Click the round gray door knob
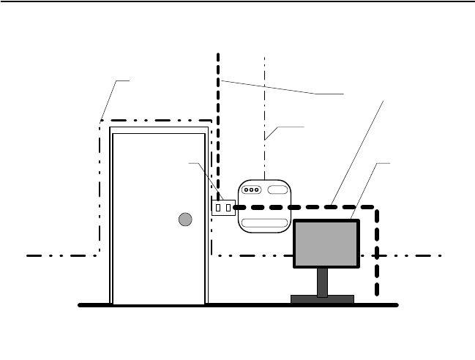pyautogui.click(x=186, y=218)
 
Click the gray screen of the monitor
pyautogui.click(x=326, y=244)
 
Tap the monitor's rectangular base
pyautogui.click(x=322, y=299)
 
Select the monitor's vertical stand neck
pyautogui.click(x=322, y=282)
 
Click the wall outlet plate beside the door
pyautogui.click(x=223, y=208)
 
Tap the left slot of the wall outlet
pyautogui.click(x=218, y=208)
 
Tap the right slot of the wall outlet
pyautogui.click(x=228, y=208)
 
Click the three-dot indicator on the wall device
pyautogui.click(x=251, y=190)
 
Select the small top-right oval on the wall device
pyautogui.click(x=277, y=190)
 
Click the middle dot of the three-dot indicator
pyautogui.click(x=251, y=190)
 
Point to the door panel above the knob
pyautogui.click(x=157, y=168)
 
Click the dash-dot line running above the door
pyautogui.click(x=157, y=121)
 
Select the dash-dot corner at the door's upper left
pyautogui.click(x=100, y=121)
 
